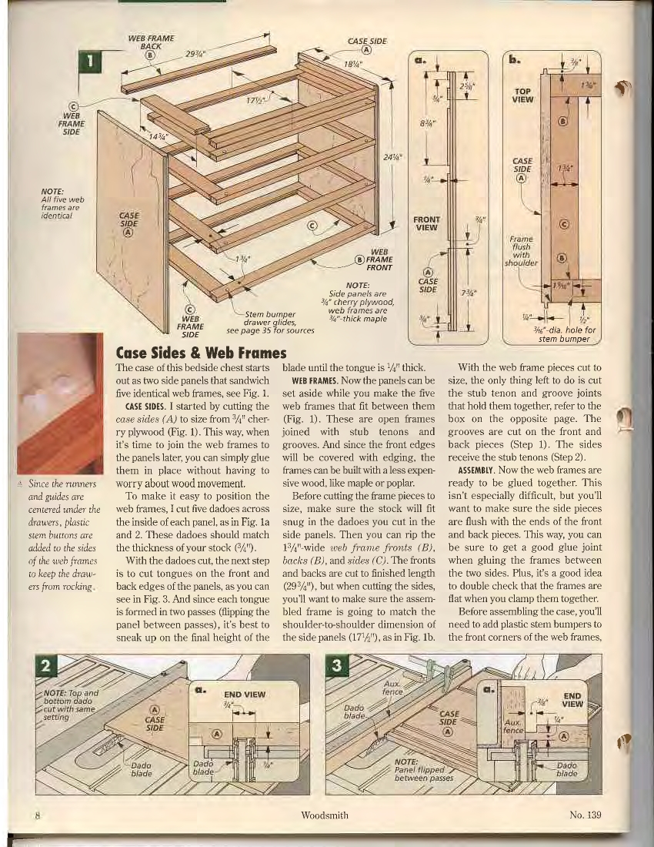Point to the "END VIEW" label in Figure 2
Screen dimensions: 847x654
point(244,694)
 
